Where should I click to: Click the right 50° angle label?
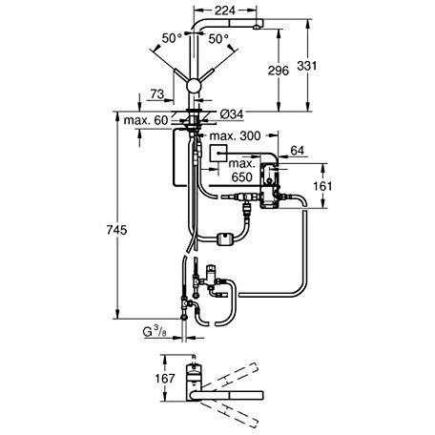point(217,40)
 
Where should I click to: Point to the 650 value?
point(244,176)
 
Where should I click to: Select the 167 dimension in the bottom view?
point(164,380)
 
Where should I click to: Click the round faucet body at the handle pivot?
point(196,85)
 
